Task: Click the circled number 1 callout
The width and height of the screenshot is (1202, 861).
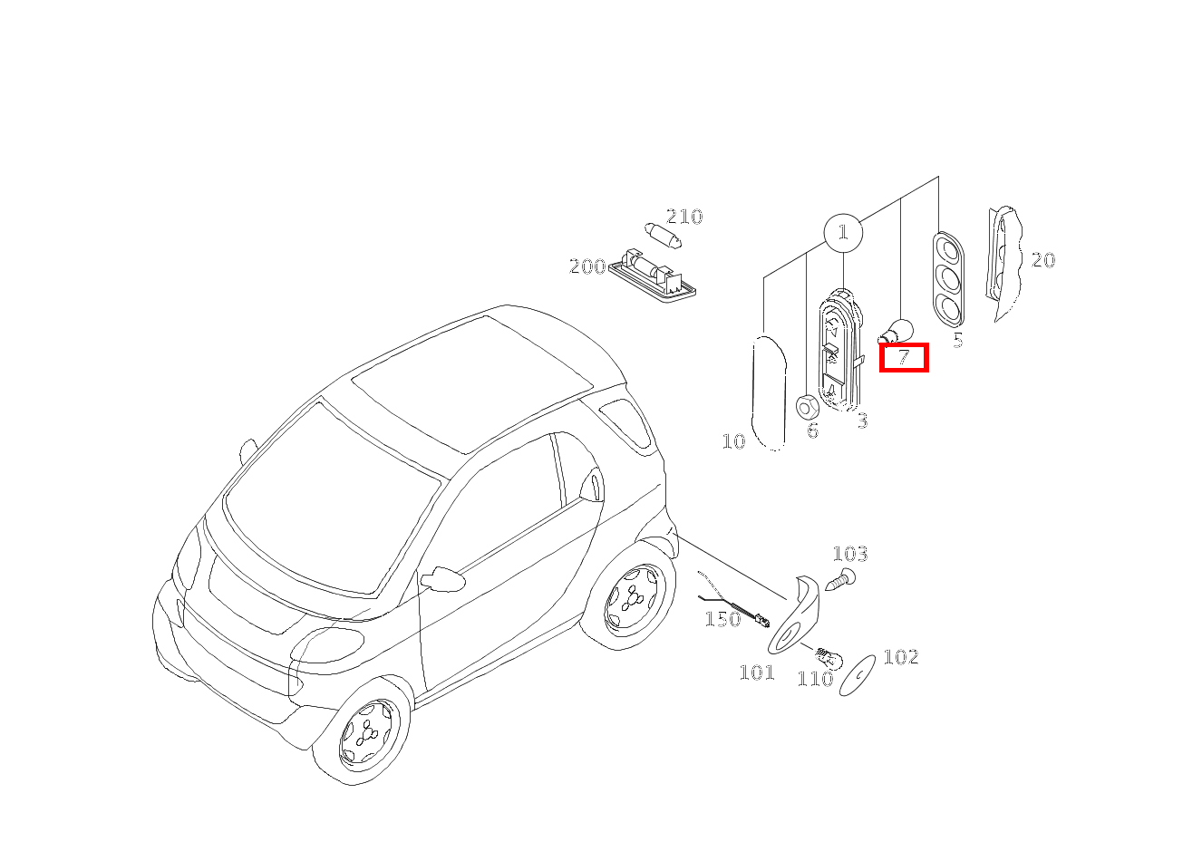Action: [843, 233]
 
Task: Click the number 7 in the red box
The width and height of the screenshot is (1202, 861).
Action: [904, 357]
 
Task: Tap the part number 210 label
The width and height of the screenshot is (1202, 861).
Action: [684, 217]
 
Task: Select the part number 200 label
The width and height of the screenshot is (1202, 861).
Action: [587, 266]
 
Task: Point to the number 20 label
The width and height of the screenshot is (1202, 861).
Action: [1043, 260]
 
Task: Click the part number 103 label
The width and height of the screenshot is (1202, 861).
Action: [850, 554]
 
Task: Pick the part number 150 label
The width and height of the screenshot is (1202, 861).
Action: [722, 619]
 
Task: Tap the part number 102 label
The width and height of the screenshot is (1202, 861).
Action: [901, 656]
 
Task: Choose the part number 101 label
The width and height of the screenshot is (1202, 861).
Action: [757, 672]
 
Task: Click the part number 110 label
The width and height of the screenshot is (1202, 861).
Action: [816, 679]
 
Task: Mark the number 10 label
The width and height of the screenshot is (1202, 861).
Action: [733, 441]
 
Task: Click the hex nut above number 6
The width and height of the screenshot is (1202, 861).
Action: [807, 407]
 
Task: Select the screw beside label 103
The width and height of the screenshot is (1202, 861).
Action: [839, 579]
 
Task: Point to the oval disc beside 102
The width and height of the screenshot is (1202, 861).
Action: [857, 675]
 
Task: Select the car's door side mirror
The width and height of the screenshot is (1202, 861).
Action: [442, 579]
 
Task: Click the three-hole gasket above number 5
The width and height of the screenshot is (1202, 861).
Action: [948, 280]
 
